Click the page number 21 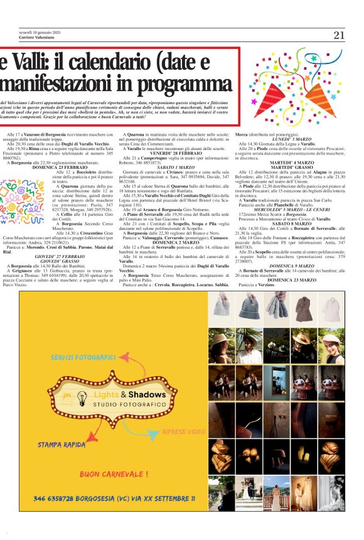click(339, 35)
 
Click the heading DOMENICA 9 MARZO click(289, 266)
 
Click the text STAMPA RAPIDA click(61, 445)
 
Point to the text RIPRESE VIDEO click(183, 432)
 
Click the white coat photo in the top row click(331, 308)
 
